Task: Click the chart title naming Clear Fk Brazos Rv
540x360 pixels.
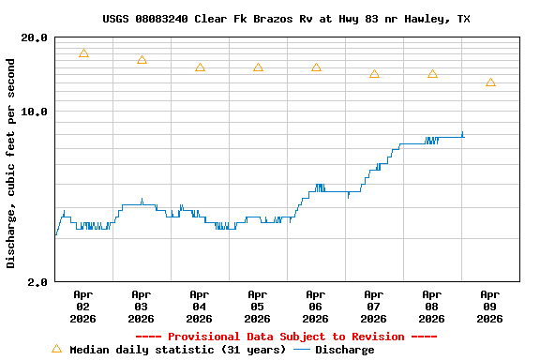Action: point(286,19)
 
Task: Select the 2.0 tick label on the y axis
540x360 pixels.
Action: point(38,281)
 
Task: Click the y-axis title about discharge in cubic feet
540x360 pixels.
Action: point(11,163)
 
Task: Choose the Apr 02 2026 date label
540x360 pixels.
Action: point(82,306)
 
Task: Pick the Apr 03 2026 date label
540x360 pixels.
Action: point(141,306)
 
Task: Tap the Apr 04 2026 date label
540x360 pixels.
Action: point(199,306)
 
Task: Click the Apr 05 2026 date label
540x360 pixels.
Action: point(257,306)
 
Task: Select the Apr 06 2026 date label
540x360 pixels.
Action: point(315,306)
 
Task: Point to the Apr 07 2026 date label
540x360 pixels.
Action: point(373,306)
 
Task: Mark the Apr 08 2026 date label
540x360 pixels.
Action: point(431,306)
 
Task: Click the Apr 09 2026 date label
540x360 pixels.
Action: point(489,306)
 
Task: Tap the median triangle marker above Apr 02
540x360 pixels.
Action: point(83,54)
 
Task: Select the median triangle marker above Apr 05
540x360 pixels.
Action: point(258,67)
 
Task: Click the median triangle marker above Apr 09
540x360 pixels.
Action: point(490,82)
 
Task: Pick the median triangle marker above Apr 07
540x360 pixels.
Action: point(374,74)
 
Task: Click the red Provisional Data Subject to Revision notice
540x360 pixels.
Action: point(286,337)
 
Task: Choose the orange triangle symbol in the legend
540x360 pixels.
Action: point(56,349)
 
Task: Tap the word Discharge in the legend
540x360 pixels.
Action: point(344,350)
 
